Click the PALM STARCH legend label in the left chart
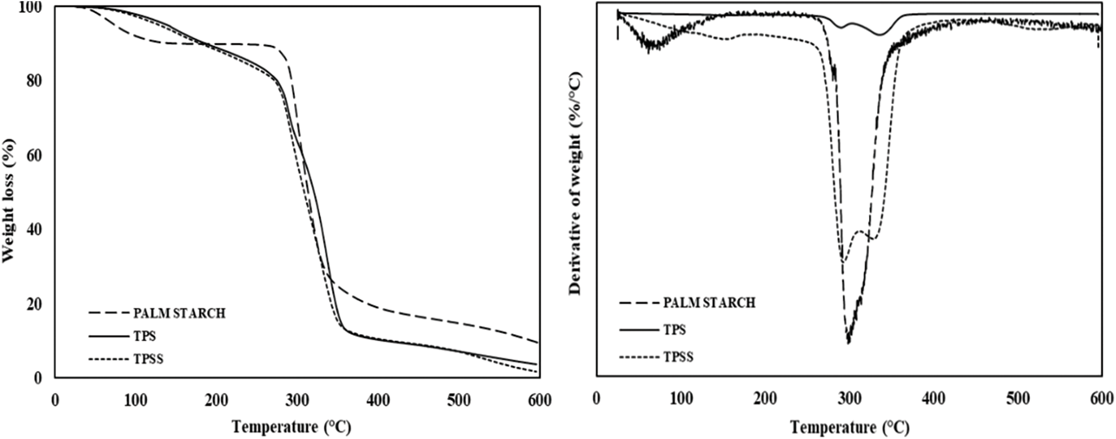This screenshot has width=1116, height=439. coord(179,313)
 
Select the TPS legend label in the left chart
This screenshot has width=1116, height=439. coord(145,336)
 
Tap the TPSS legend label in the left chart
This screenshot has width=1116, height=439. coord(149,359)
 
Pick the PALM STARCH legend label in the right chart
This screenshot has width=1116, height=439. coord(709,302)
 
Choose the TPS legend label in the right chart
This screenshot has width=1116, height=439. coord(675,330)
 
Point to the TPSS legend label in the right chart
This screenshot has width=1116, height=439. coord(678,357)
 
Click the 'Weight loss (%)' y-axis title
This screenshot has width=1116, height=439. coord(9,200)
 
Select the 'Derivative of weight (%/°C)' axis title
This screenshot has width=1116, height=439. coord(575,184)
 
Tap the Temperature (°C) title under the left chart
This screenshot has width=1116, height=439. coord(291,427)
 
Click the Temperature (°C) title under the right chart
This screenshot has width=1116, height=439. coord(849,428)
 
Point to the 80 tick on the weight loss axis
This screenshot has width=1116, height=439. coord(35,81)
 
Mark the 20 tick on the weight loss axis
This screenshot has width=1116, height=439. coord(35,304)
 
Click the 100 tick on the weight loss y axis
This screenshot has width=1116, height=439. coord(30,7)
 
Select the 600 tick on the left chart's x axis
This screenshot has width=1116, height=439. coord(539,400)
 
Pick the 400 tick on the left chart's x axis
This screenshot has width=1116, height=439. coord(378,400)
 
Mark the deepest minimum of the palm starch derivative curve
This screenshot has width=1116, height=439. coord(848,342)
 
